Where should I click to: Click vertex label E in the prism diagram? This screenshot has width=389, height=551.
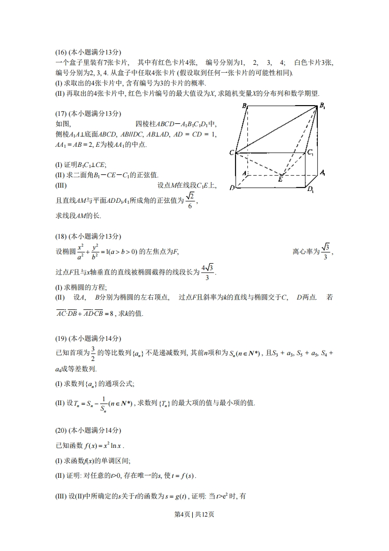(x=280, y=180)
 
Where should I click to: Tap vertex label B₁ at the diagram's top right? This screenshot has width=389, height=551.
(x=323, y=105)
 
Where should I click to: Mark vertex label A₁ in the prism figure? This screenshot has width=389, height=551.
(x=322, y=172)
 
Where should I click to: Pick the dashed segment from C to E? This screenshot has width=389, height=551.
(x=258, y=164)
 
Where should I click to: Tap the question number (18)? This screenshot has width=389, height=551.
(x=60, y=236)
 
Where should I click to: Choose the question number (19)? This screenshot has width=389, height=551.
(x=60, y=338)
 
